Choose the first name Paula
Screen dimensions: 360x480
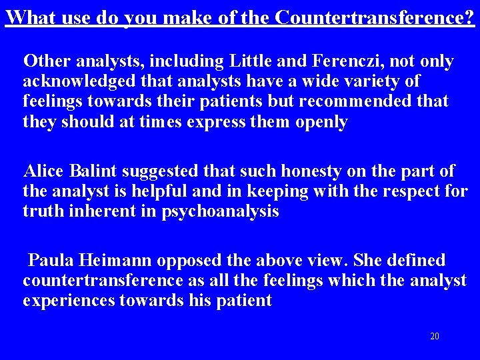[51, 260]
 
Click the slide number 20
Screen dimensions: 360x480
[435, 336]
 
